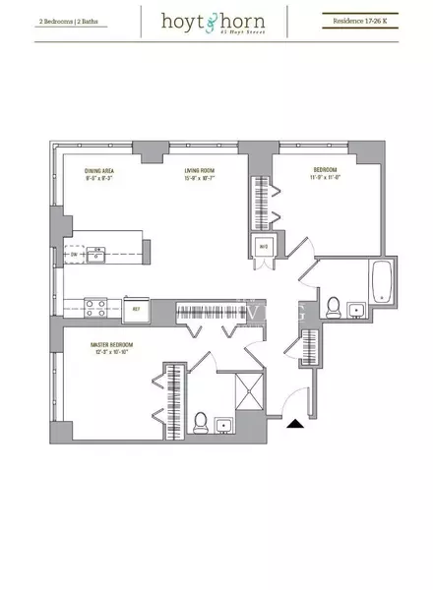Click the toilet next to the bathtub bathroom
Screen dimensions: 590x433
pos(334,305)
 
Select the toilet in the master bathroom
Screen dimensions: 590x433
pos(200,422)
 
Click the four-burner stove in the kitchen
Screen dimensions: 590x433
pos(94,306)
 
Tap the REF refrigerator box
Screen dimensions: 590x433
pos(138,309)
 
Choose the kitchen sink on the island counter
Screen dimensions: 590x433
pos(96,256)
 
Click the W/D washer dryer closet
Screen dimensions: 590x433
pos(263,247)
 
